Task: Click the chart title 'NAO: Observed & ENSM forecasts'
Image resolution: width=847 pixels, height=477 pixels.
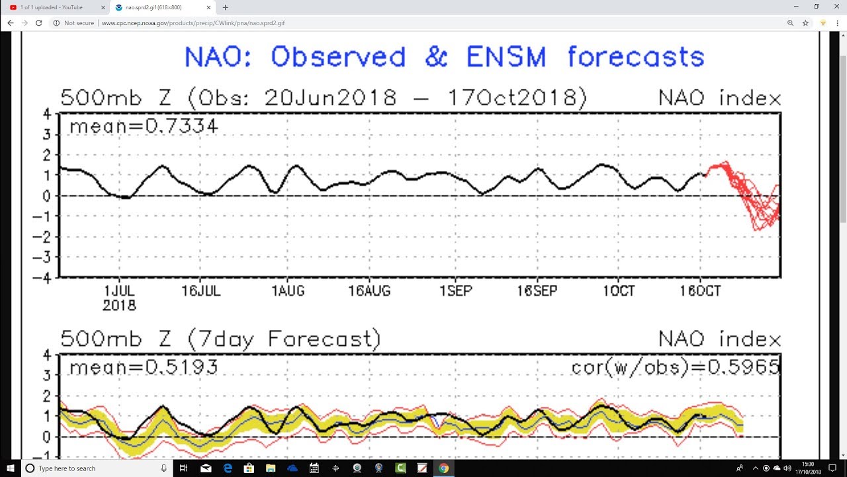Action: tap(444, 57)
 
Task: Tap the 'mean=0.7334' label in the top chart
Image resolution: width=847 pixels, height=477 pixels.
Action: tap(143, 125)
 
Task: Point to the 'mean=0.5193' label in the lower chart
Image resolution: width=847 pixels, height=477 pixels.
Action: tap(143, 366)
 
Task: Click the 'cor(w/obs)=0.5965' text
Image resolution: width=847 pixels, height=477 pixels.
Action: tap(675, 366)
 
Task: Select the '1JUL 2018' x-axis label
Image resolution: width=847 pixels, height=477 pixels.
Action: tap(119, 297)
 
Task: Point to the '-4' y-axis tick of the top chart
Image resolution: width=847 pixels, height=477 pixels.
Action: tap(45, 278)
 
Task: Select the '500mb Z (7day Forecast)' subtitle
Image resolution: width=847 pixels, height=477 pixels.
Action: tap(221, 339)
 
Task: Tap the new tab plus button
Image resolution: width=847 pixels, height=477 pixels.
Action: tap(226, 7)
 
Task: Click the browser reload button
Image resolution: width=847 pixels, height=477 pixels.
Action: tap(38, 23)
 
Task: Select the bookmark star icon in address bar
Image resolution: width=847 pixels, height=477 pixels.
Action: tap(805, 23)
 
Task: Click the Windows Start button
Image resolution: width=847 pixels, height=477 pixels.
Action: tap(11, 468)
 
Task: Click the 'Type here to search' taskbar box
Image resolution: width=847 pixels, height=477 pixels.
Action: tap(93, 468)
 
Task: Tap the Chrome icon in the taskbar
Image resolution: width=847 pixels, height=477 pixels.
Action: tap(443, 468)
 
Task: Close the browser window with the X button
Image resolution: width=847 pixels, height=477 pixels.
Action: tap(834, 7)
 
